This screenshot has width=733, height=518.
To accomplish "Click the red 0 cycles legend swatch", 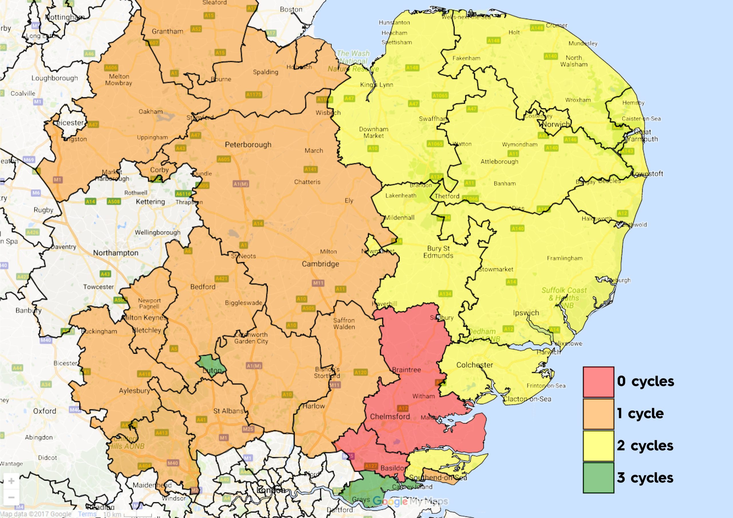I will tap(598, 382).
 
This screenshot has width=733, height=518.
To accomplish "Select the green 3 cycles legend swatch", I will tap(598, 478).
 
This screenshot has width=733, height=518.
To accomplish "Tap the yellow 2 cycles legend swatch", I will tap(598, 446).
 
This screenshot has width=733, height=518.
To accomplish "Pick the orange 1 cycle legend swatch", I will tap(598, 414).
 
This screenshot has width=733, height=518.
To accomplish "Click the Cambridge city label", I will tap(320, 264).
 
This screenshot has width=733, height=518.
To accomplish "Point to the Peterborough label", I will tap(248, 145).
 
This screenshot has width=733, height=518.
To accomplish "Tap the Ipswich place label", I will tap(526, 313).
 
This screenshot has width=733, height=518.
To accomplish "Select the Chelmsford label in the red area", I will tap(390, 416).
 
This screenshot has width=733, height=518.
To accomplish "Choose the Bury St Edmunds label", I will tap(438, 252).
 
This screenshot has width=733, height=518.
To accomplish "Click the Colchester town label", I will tap(474, 365).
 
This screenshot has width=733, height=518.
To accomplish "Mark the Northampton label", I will tap(116, 253).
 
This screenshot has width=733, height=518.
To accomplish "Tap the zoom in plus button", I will tap(11, 481).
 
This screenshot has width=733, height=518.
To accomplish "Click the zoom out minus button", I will tap(11, 497).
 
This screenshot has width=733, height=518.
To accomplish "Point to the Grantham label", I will tap(167, 31).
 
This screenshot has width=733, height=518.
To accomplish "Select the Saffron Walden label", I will tap(344, 323).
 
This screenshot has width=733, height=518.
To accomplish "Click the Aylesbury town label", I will tap(134, 391).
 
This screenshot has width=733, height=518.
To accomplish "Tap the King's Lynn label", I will tap(377, 85).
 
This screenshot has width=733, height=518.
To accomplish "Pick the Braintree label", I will tap(406, 369).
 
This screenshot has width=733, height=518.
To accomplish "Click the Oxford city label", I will tap(44, 411).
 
